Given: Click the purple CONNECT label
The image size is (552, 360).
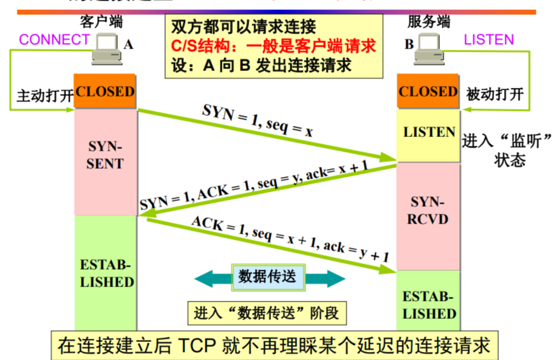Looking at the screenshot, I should (55, 40).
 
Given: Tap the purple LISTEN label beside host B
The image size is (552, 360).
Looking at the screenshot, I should (489, 40).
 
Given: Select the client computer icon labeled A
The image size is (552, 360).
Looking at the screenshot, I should (107, 50).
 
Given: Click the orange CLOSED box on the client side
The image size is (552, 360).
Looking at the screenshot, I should (105, 92).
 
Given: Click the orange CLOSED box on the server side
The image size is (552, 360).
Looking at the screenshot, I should (428, 92).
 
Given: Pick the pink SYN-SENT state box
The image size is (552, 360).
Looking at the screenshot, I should (105, 156).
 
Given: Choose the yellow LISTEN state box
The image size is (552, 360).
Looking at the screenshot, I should (429, 132).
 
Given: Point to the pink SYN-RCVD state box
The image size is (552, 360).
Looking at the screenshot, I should (429, 211).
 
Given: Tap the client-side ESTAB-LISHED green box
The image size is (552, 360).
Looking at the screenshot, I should (106, 274).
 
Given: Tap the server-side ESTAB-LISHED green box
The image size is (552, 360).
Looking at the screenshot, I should (429, 304).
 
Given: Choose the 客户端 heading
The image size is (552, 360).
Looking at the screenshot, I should (102, 22).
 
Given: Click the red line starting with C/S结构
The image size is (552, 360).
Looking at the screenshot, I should (275, 46).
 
